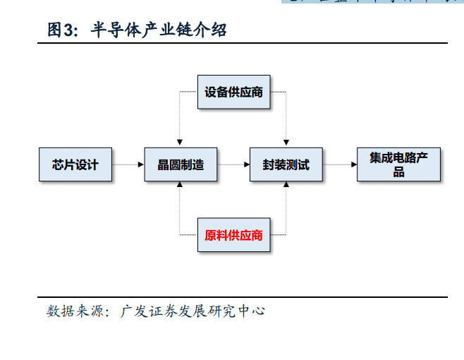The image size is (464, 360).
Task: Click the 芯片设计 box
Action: (x=75, y=164)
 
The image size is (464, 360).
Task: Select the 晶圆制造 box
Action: (x=180, y=164)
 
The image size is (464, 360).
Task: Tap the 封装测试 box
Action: (x=286, y=164)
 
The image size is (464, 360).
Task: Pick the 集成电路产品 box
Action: (x=398, y=164)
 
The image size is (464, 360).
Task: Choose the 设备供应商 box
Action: (x=233, y=92)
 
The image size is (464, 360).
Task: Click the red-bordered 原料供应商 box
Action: (x=233, y=236)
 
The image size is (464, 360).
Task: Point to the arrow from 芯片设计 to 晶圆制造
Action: (x=128, y=164)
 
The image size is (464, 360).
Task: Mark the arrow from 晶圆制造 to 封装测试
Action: (x=233, y=164)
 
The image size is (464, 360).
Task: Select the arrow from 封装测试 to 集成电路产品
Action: (x=339, y=164)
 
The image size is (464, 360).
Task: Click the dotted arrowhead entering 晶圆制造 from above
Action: (x=180, y=143)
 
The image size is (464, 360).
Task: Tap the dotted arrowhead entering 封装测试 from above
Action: (x=286, y=143)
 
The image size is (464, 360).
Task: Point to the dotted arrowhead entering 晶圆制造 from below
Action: (x=180, y=186)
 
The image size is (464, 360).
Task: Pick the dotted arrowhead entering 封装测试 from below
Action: (x=286, y=186)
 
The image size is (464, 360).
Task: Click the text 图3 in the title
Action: (x=61, y=30)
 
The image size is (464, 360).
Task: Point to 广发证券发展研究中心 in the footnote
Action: (x=193, y=311)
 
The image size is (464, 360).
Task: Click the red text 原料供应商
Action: (x=233, y=236)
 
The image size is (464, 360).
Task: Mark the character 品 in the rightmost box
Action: (x=398, y=172)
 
